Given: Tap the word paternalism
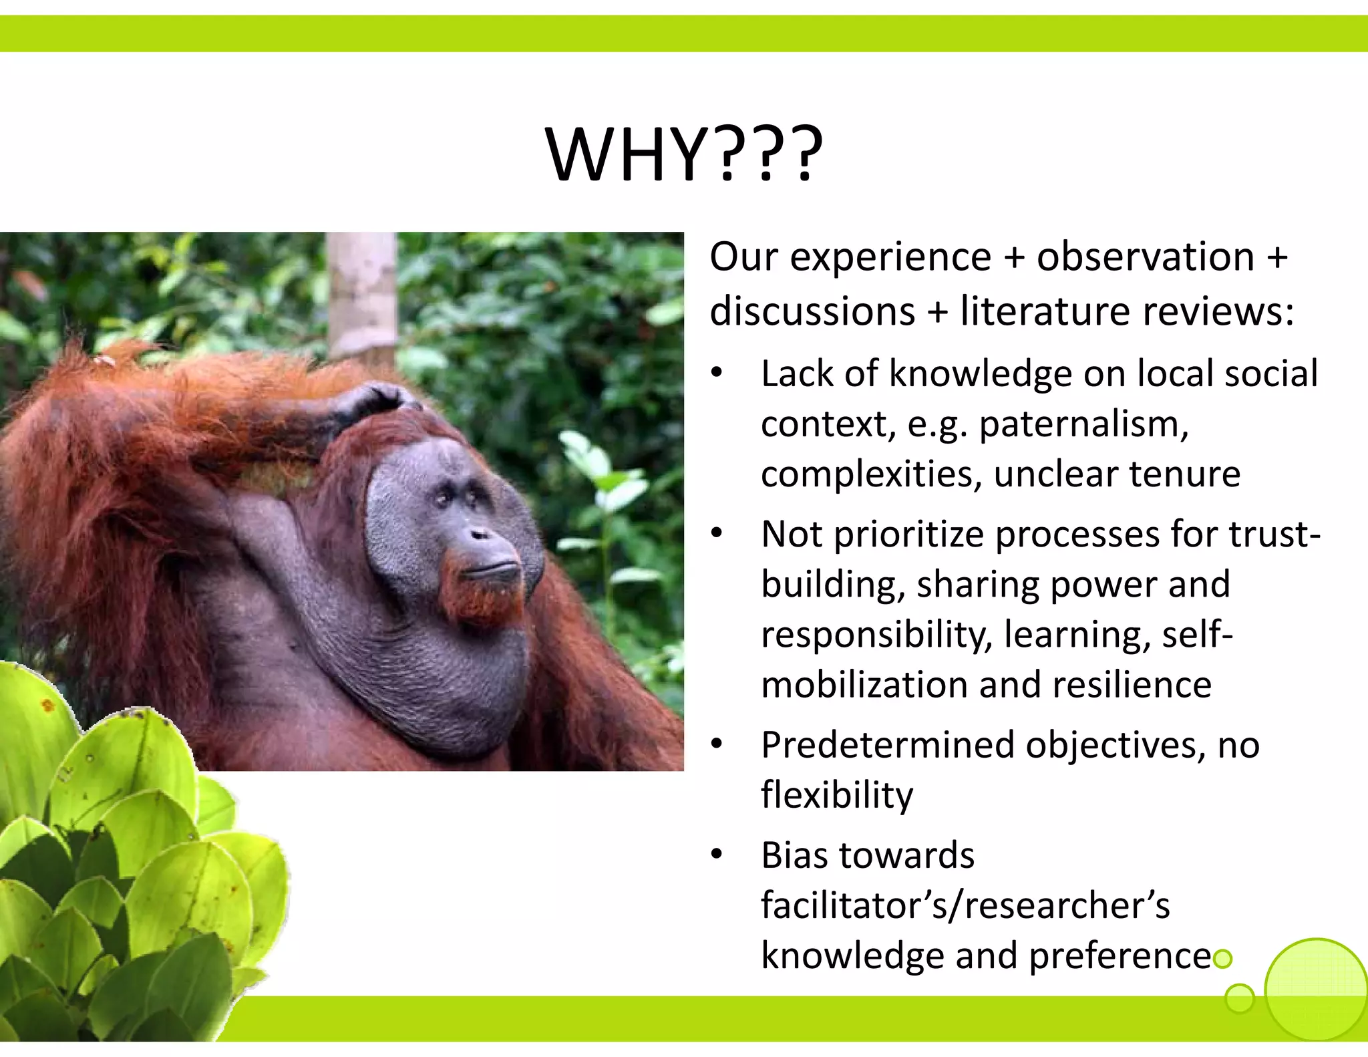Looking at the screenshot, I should [1083, 424].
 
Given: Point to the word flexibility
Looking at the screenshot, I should [836, 795].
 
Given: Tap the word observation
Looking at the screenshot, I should [1146, 257].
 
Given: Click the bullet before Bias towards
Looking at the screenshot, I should [717, 855].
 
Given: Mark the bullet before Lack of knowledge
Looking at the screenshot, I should [717, 373].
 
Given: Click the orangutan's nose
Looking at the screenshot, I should [480, 535].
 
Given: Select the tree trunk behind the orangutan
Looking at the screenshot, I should [362, 294].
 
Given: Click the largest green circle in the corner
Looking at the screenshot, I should [1316, 990].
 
